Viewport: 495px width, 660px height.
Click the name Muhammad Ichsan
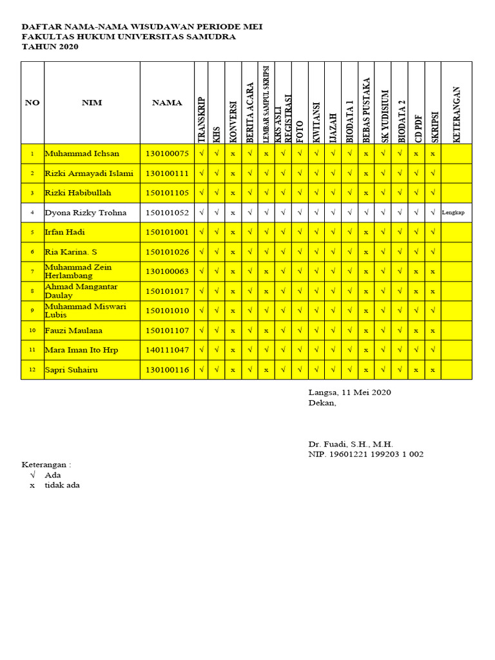click(82, 154)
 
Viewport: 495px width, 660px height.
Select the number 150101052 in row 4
click(167, 213)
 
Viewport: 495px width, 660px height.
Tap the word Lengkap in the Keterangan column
click(453, 213)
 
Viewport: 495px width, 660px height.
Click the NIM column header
click(92, 102)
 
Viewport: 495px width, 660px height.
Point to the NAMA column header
click(167, 102)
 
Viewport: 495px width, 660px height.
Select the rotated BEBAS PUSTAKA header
click(365, 110)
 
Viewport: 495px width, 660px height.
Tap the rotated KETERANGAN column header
click(457, 114)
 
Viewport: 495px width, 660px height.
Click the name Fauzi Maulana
click(74, 331)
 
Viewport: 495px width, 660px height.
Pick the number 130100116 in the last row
click(167, 370)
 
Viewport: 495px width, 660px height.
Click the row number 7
click(32, 272)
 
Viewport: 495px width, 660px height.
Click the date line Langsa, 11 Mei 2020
click(349, 392)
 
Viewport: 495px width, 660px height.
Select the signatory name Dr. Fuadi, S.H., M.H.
click(351, 444)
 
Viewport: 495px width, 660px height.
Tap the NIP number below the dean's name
click(365, 454)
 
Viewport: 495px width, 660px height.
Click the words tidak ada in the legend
click(62, 485)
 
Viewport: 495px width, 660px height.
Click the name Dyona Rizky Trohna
click(85, 213)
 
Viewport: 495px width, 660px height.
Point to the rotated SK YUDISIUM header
click(385, 115)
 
